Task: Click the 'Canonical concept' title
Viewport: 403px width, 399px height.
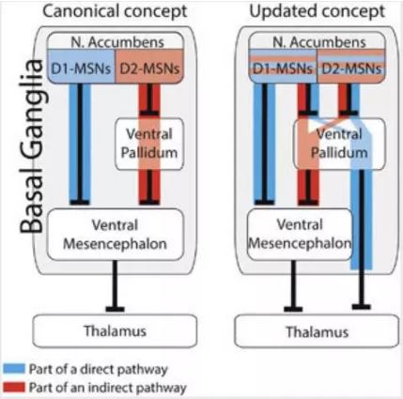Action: (x=115, y=12)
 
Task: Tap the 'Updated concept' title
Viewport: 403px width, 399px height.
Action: (x=317, y=12)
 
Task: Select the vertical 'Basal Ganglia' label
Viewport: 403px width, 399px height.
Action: (x=31, y=146)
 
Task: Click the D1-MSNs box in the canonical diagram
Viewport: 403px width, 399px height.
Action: (x=82, y=67)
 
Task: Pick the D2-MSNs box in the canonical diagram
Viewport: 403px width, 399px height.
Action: (x=149, y=67)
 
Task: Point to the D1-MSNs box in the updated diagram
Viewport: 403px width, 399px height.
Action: (x=283, y=67)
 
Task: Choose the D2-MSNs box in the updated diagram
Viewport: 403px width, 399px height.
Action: (x=351, y=67)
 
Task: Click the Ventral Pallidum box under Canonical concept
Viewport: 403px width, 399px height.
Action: (x=149, y=144)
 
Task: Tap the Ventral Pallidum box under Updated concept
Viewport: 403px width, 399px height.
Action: (x=339, y=144)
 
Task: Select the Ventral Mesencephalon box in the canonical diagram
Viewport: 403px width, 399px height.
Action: (x=116, y=235)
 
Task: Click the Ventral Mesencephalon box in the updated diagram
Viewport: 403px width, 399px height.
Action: (x=300, y=235)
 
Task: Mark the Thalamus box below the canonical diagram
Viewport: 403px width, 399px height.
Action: (x=115, y=331)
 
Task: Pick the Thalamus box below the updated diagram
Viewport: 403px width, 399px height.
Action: (x=317, y=331)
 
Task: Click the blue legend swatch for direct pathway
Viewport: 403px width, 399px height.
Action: (x=14, y=369)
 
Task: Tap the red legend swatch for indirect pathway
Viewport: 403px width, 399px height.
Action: (x=14, y=387)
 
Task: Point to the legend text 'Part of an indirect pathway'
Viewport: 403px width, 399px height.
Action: (x=108, y=388)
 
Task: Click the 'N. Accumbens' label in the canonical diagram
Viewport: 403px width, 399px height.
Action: (x=117, y=42)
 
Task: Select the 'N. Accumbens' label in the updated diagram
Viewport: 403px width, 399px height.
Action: (x=318, y=42)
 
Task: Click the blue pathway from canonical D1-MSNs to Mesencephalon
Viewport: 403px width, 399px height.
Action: (x=80, y=144)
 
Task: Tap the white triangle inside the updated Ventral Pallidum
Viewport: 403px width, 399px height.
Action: (x=312, y=125)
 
